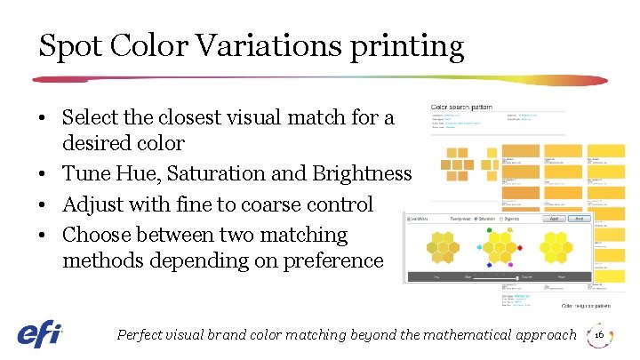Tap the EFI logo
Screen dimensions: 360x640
pos(39,333)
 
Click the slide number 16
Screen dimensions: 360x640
pos(599,335)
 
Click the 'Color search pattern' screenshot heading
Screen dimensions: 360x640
pos(461,108)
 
